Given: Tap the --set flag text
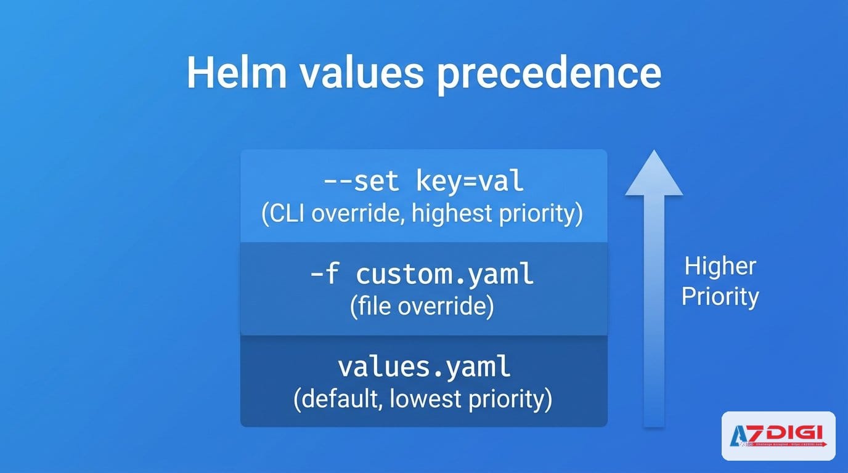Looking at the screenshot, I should point(361,182).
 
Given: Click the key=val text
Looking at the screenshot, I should point(470,182).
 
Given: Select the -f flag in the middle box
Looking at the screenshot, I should point(325,274).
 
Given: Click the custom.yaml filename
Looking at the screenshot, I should point(445,274).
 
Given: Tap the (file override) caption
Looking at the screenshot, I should point(422,307).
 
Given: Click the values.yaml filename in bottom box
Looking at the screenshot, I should point(424,367).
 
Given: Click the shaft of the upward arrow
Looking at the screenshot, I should point(654,308).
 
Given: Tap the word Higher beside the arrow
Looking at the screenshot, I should point(720,267).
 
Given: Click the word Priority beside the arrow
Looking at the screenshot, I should point(720,297).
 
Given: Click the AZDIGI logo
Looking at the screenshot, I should point(778,436).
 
